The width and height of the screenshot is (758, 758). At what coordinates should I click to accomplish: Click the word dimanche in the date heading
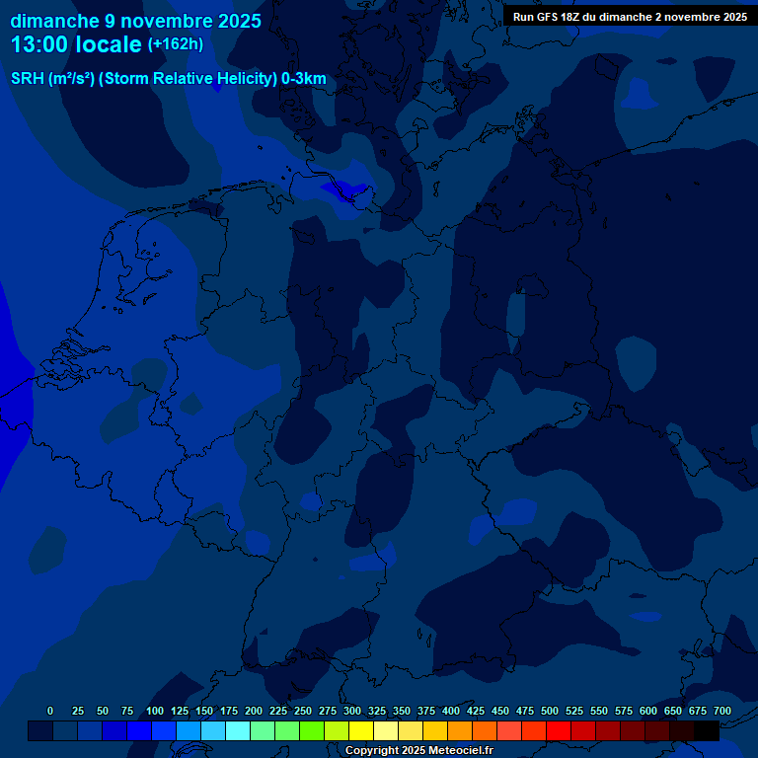(53, 21)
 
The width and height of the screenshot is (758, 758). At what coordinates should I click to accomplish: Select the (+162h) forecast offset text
(175, 43)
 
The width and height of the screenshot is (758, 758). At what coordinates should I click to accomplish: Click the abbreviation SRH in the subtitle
(27, 79)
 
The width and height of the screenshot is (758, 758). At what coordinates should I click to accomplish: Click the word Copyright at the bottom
(373, 751)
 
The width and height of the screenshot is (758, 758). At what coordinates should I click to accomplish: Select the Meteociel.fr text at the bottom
(458, 751)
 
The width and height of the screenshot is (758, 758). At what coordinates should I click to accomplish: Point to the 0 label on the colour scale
(50, 711)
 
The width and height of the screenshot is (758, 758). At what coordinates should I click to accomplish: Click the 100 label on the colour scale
(155, 711)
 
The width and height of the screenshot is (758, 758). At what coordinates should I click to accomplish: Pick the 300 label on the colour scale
(352, 711)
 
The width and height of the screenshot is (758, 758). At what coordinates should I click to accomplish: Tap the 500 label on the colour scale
(550, 711)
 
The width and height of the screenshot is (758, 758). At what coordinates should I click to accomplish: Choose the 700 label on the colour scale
(722, 711)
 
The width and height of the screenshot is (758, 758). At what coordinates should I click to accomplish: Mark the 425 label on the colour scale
(476, 711)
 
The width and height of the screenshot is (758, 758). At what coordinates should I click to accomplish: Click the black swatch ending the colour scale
(707, 730)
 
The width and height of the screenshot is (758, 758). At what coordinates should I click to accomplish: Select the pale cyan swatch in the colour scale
(238, 730)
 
